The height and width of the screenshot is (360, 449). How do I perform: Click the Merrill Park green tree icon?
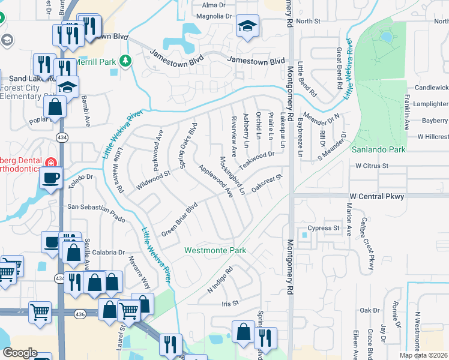pyautogui.click(x=125, y=61)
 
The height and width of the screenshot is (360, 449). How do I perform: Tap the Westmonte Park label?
pyautogui.click(x=215, y=250)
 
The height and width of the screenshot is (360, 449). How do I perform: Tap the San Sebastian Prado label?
pyautogui.click(x=97, y=208)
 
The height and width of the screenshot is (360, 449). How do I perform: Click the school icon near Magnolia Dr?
pyautogui.click(x=247, y=26)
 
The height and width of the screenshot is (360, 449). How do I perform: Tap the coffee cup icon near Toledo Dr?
pyautogui.click(x=50, y=178)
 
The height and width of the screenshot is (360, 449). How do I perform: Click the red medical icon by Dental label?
pyautogui.click(x=51, y=161)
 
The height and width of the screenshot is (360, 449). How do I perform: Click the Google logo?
pyautogui.click(x=20, y=353)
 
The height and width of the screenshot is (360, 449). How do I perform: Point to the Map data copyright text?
pyautogui.click(x=423, y=355)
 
